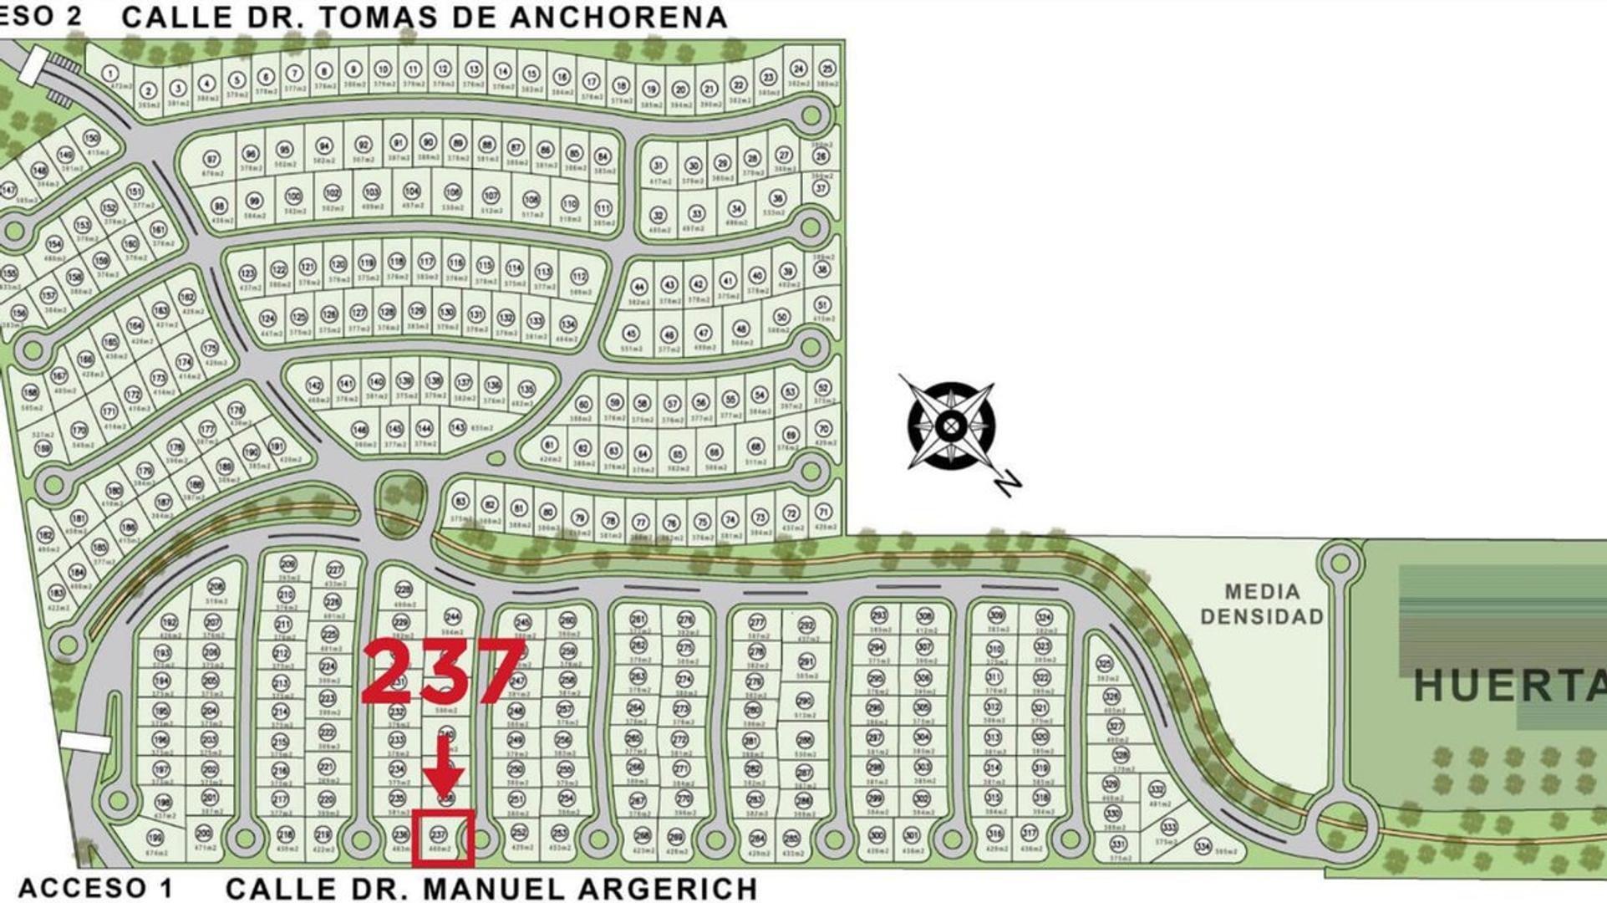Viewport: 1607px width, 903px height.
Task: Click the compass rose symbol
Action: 950,426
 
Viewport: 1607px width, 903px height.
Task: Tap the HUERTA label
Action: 1508,686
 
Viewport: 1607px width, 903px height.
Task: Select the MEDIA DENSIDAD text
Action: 1262,604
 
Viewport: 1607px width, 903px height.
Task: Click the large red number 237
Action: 443,671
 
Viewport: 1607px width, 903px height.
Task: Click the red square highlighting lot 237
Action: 442,837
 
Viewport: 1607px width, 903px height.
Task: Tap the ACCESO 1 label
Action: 95,888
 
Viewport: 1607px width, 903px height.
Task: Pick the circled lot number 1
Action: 110,74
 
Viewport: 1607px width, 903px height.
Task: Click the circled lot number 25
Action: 827,69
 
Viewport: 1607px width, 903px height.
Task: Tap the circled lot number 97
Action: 211,160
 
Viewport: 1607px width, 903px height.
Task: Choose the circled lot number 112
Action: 578,277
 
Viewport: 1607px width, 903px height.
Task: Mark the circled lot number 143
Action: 457,427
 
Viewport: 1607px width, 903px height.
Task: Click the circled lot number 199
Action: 155,837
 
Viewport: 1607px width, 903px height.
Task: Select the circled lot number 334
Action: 1203,845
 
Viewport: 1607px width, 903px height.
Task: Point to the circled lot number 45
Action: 631,334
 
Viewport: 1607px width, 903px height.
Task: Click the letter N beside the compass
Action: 1009,482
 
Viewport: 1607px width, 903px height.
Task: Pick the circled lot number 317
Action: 1030,833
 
